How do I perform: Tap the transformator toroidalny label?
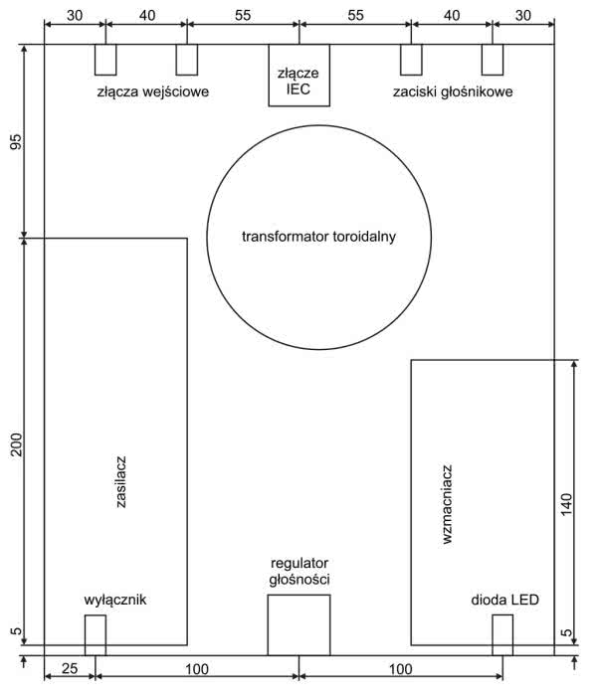point(318,237)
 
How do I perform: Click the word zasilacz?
point(120,481)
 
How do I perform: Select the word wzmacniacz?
point(447,504)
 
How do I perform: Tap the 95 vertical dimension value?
point(15,142)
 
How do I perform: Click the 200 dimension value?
point(16,444)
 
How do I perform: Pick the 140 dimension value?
point(566,505)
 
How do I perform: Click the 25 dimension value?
point(70,668)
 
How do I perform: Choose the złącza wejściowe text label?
point(153,92)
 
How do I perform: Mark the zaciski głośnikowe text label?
point(453,91)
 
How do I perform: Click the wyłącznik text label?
point(115,600)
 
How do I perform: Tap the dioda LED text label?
point(504,600)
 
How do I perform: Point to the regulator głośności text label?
point(299,571)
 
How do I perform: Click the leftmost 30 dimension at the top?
point(75,16)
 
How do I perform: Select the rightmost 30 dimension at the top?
point(523,16)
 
